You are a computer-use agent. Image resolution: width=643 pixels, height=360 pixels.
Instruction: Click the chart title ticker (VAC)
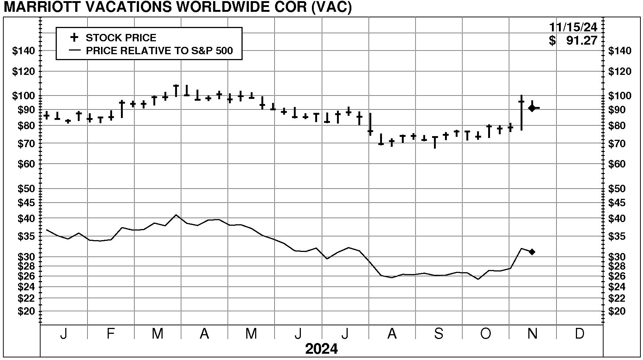(x=331, y=7)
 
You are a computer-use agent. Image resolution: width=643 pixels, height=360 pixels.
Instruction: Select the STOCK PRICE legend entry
(x=121, y=38)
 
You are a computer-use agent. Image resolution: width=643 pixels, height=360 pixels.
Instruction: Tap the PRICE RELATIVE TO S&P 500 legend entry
(x=159, y=51)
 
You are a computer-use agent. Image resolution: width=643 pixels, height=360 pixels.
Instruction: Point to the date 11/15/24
(x=573, y=27)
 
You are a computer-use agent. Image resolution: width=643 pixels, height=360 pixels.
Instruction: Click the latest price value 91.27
(x=581, y=41)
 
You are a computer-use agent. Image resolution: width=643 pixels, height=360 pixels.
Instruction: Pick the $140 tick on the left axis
(x=23, y=51)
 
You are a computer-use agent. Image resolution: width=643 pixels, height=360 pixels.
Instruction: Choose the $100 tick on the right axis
(x=620, y=96)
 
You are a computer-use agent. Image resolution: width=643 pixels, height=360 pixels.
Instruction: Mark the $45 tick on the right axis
(x=620, y=203)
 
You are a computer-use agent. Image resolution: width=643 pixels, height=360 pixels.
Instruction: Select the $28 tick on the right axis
(x=620, y=266)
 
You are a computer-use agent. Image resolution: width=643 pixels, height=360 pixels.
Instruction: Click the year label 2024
(x=321, y=349)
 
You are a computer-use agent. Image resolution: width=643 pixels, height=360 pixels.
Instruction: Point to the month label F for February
(x=111, y=333)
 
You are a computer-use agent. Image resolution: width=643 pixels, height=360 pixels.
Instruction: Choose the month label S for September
(x=438, y=333)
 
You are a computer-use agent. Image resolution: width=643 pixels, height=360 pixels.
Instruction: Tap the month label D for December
(x=580, y=333)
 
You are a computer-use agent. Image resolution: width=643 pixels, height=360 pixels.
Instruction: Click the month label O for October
(x=486, y=333)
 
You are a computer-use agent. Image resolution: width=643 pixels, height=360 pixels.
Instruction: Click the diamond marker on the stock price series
(x=532, y=108)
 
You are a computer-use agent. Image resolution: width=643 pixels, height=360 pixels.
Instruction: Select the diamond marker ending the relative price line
(x=532, y=252)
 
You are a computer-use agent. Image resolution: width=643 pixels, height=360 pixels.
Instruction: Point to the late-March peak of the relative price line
(x=176, y=215)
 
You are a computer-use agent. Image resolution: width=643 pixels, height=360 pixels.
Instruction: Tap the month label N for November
(x=532, y=333)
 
